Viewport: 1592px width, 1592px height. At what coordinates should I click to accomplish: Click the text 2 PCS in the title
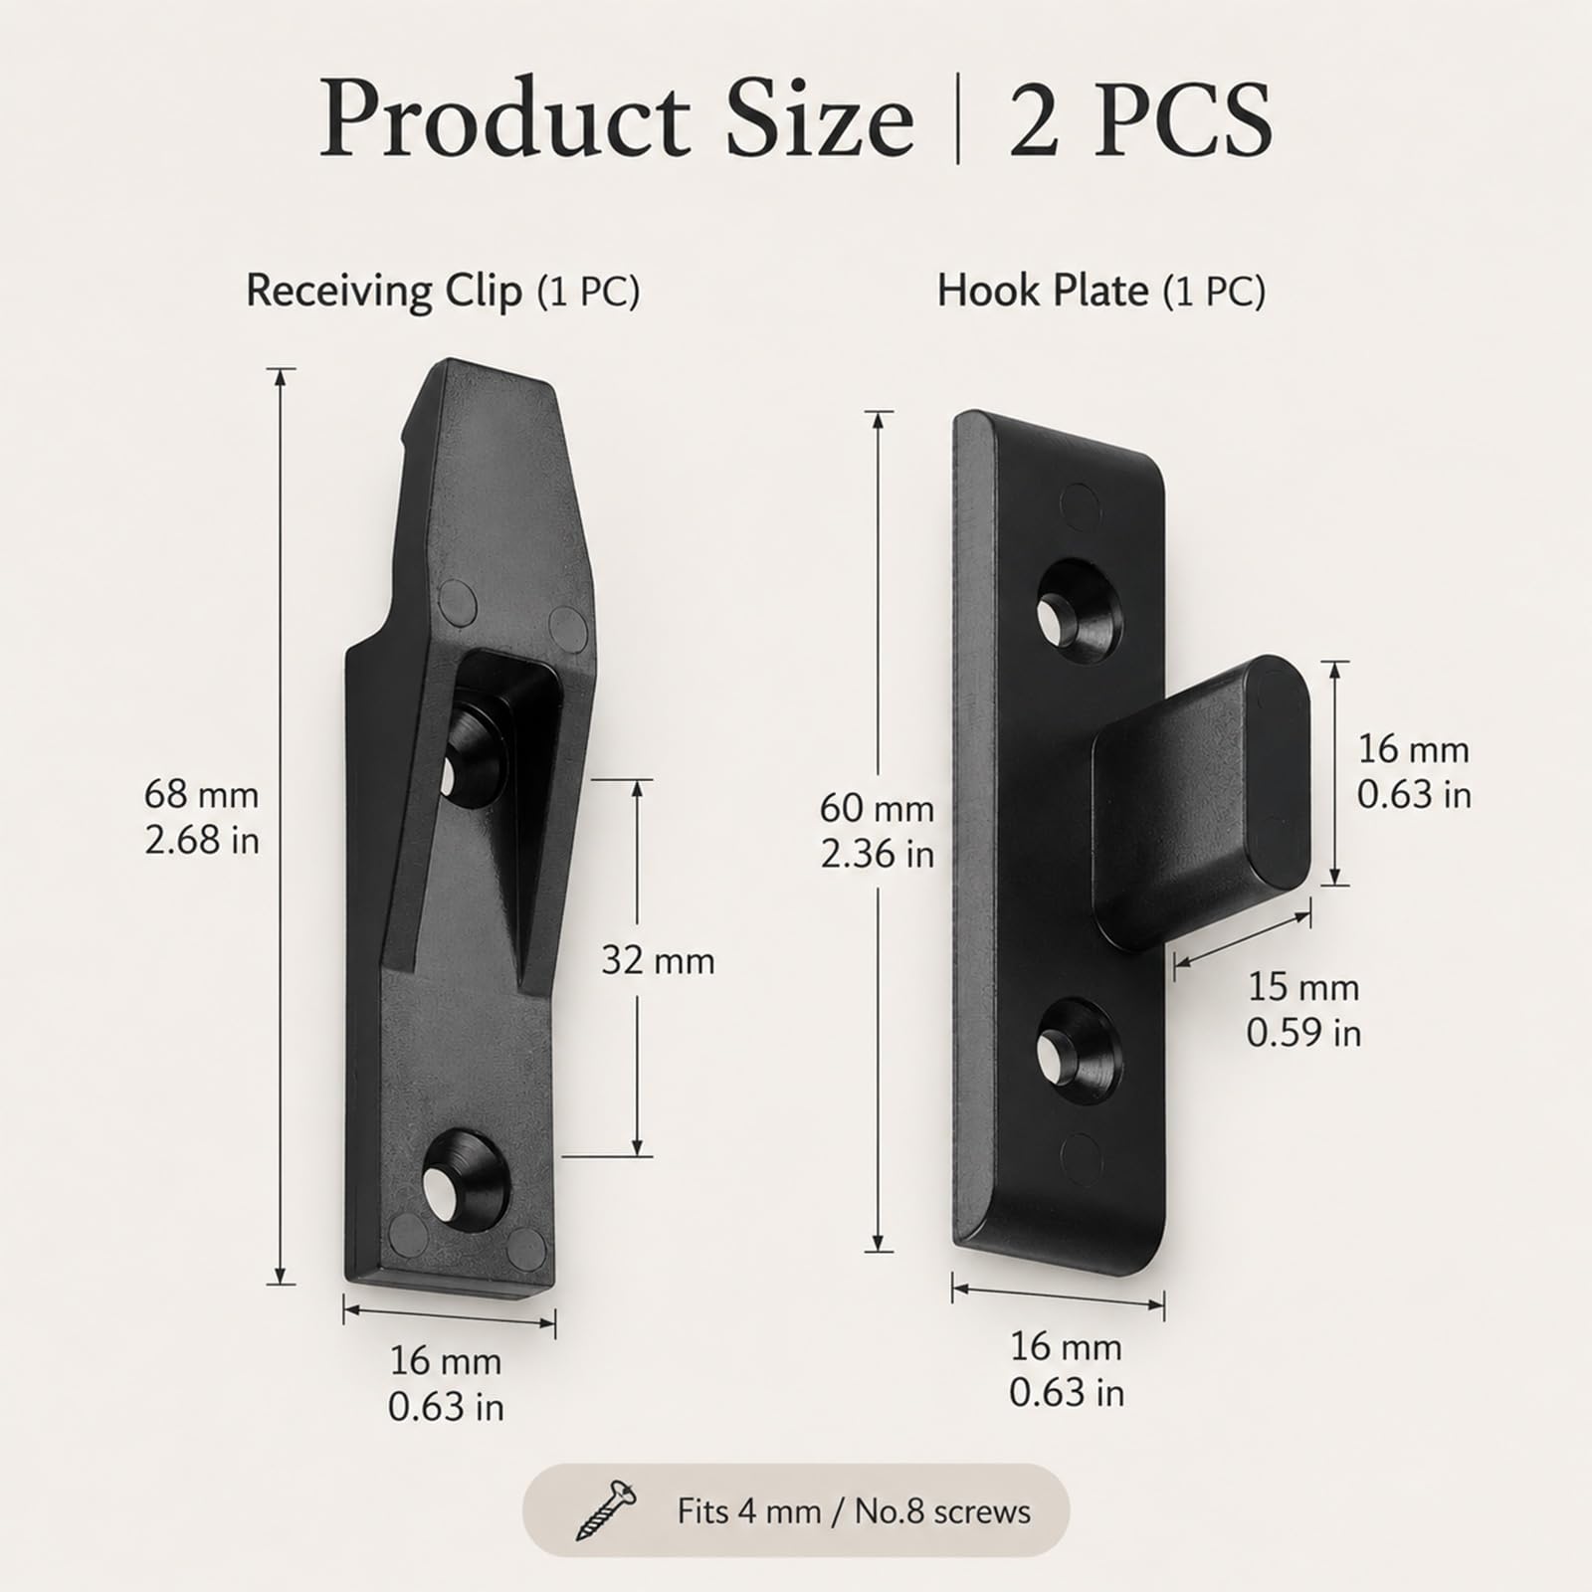[x=1141, y=119]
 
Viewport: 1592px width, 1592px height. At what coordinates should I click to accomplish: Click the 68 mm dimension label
[x=202, y=795]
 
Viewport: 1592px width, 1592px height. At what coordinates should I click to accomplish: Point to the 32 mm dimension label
[x=659, y=961]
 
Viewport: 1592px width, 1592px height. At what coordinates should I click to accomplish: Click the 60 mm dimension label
[x=878, y=809]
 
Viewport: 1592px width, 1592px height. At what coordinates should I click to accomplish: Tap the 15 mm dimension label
[x=1303, y=987]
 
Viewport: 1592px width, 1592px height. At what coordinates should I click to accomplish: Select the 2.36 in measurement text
[x=878, y=854]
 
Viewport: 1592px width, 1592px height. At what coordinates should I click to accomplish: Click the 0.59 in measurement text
[x=1303, y=1033]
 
